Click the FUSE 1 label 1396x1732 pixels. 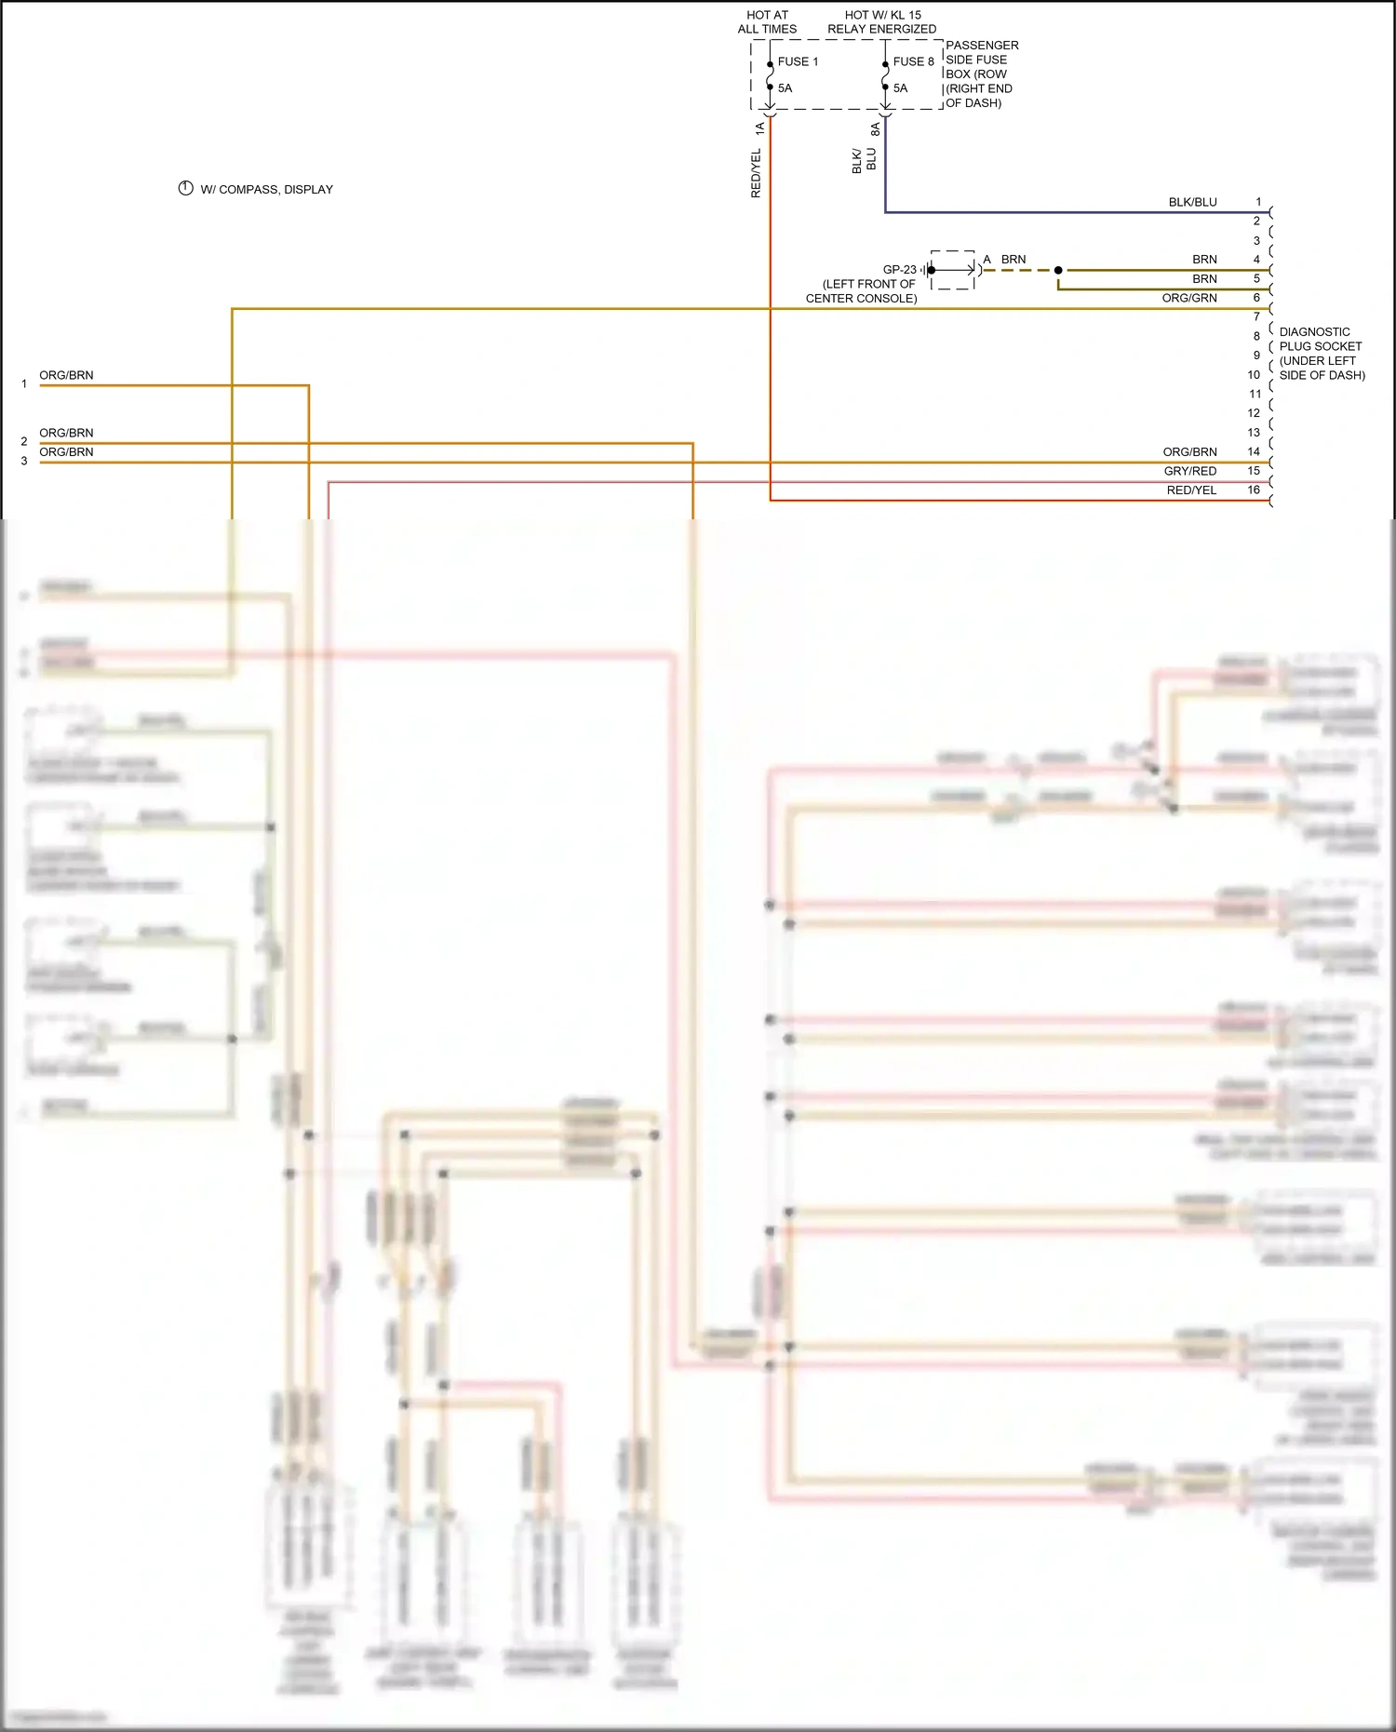point(798,61)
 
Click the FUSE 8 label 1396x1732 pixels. point(913,61)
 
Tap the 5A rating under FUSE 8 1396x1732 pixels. point(900,88)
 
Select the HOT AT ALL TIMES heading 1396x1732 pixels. point(767,21)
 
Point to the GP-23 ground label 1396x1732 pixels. point(899,270)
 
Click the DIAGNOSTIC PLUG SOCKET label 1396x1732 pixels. point(1322,354)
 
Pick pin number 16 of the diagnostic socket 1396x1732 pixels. point(1254,490)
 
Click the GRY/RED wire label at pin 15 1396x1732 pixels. point(1189,471)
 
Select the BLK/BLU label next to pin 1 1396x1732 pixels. point(1192,202)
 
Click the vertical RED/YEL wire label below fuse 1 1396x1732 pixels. point(756,173)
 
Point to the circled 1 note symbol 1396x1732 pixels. point(185,188)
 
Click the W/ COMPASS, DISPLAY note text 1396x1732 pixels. point(266,189)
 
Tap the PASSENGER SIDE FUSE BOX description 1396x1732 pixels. point(981,74)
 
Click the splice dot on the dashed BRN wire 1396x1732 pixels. point(1058,270)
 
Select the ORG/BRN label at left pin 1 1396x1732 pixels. point(66,375)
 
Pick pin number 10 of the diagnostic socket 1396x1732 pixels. point(1254,374)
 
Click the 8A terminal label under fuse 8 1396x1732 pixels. point(875,128)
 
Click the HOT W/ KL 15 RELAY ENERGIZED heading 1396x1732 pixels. point(881,21)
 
